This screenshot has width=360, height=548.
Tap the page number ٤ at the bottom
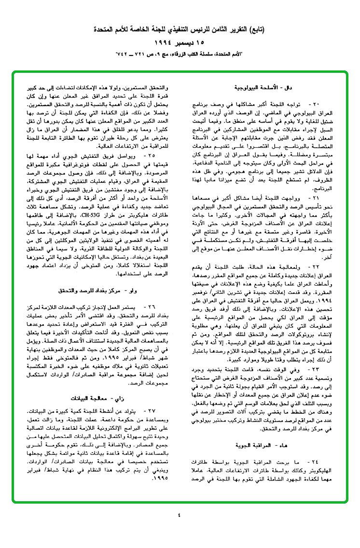[179, 515]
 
